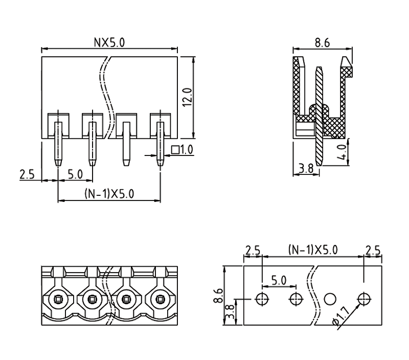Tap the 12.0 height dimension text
coord(187,97)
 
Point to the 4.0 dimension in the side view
coord(345,152)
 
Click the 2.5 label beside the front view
coord(27,174)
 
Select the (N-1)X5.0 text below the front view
coord(109,194)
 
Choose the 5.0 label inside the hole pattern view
coord(279,280)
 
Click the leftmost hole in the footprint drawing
coord(262,299)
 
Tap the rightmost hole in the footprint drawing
coord(364,299)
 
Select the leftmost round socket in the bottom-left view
coord(58,298)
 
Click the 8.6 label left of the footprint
coord(219,296)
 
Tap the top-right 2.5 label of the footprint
coord(373,251)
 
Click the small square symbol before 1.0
coord(175,150)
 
